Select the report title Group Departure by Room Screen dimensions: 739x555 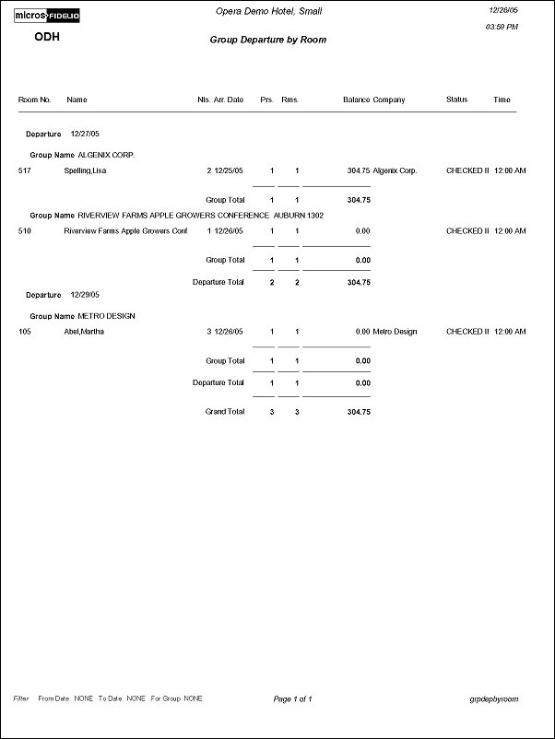click(x=267, y=41)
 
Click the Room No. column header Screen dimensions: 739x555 click(x=34, y=100)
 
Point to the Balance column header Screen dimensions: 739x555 click(x=356, y=100)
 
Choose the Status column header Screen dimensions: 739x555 click(x=456, y=100)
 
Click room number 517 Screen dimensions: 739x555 click(x=24, y=170)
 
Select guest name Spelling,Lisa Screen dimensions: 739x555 click(x=84, y=170)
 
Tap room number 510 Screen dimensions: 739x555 click(x=24, y=231)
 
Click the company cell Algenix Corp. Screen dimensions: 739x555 click(x=395, y=170)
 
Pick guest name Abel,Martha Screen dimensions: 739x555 click(x=84, y=332)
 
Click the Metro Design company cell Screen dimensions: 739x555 click(x=396, y=332)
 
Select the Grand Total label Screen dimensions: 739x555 click(x=225, y=412)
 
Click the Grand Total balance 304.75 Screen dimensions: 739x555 click(x=359, y=412)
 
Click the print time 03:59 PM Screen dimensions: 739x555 click(x=501, y=28)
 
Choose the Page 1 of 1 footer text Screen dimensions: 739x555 click(x=293, y=699)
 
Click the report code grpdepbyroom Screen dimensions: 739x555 click(x=493, y=699)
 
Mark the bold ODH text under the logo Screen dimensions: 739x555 click(x=47, y=37)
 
